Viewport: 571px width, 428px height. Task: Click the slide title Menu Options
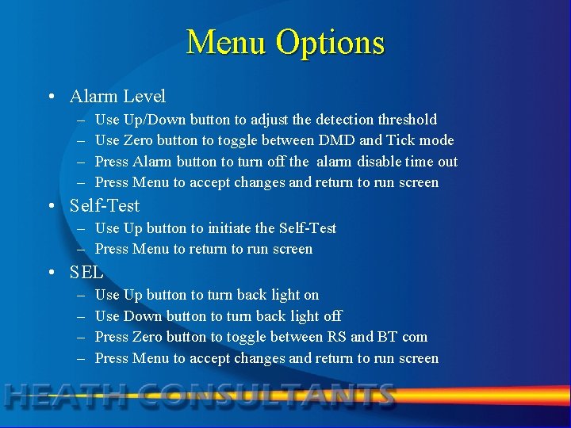click(x=285, y=42)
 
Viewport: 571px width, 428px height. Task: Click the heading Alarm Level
click(x=117, y=97)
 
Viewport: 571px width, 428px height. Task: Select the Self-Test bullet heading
click(x=104, y=206)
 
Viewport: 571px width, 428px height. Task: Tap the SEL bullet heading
click(x=86, y=273)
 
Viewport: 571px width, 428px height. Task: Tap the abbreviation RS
click(x=336, y=337)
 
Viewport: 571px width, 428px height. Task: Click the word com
click(x=415, y=337)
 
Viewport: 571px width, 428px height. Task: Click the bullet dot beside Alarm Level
click(x=50, y=97)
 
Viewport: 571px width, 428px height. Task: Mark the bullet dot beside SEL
click(x=50, y=273)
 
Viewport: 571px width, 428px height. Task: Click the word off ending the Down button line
click(x=332, y=315)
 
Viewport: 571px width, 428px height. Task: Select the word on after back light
click(x=311, y=295)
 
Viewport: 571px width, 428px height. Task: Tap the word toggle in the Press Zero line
click(x=247, y=337)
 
